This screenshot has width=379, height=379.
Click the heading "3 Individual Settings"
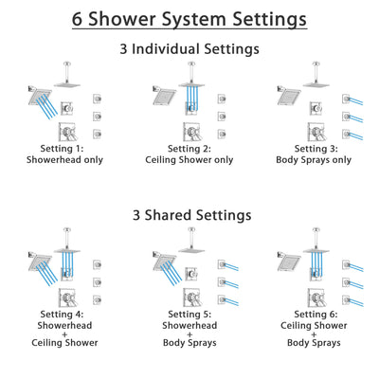click(189, 49)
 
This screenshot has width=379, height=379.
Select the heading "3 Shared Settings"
click(189, 215)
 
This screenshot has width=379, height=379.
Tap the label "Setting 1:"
click(59, 148)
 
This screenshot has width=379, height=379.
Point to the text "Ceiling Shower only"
click(189, 160)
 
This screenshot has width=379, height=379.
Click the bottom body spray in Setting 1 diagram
click(98, 133)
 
